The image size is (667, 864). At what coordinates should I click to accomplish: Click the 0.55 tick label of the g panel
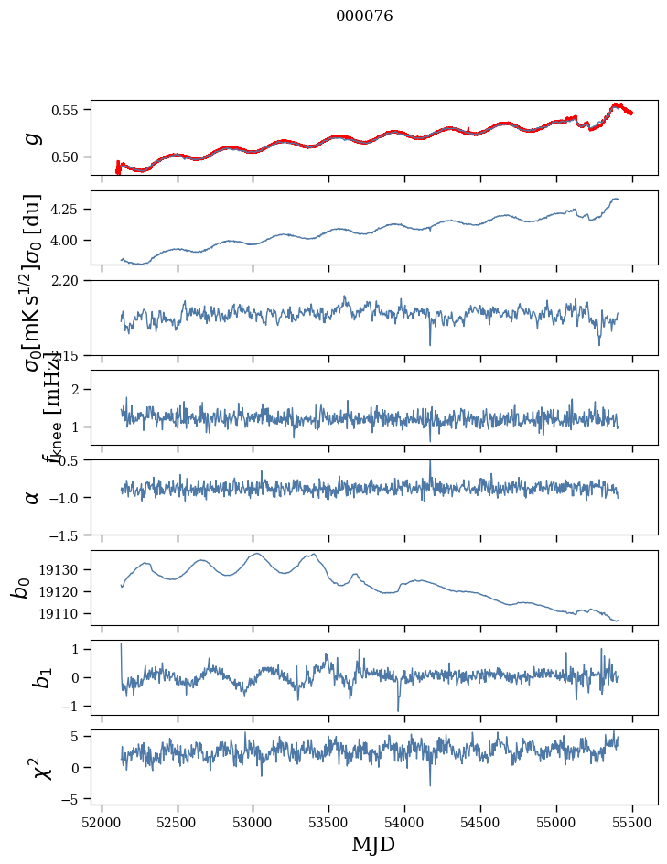tap(68, 110)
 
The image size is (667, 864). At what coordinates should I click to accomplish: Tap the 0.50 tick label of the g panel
tap(68, 157)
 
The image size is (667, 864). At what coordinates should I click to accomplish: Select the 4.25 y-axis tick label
tap(68, 210)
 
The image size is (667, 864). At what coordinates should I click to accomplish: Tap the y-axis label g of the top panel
tap(33, 137)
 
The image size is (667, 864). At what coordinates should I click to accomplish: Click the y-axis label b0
tap(20, 588)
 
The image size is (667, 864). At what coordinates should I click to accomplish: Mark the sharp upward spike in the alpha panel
tap(430, 462)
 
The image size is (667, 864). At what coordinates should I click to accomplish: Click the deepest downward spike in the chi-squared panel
tap(430, 784)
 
